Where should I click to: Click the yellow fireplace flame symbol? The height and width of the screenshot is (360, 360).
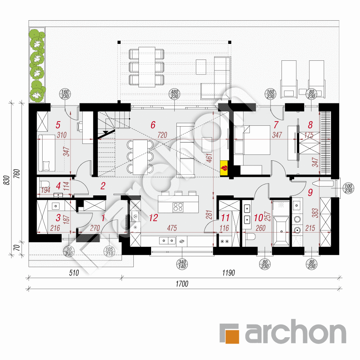coord(224,168)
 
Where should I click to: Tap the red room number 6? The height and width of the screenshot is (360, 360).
coord(153,125)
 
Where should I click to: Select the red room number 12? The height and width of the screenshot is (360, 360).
coord(153,218)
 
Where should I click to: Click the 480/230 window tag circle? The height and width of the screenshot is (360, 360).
coord(174,94)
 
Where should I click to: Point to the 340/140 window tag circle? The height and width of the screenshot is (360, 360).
coord(182,264)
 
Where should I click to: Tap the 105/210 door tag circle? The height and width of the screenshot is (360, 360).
coord(109,251)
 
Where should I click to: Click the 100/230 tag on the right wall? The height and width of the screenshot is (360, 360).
coord(348,188)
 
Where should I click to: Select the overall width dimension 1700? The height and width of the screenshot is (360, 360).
coord(182,284)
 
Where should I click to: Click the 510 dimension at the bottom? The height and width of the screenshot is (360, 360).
coord(74,273)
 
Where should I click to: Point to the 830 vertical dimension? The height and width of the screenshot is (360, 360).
coord(7,180)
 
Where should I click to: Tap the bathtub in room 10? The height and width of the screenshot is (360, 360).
coord(281,231)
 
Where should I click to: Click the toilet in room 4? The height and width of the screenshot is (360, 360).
coord(45,184)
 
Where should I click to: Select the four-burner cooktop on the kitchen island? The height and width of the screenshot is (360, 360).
coord(178,207)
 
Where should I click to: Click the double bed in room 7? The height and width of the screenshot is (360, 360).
coord(252,140)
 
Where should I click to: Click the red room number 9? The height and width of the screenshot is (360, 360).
coord(310,192)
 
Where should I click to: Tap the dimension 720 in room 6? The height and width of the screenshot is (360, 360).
coord(162,135)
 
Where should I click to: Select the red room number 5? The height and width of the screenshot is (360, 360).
coord(58,125)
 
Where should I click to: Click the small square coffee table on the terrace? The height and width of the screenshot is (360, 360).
coord(201,67)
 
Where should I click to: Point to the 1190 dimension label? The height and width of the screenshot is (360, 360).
coord(228,273)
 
